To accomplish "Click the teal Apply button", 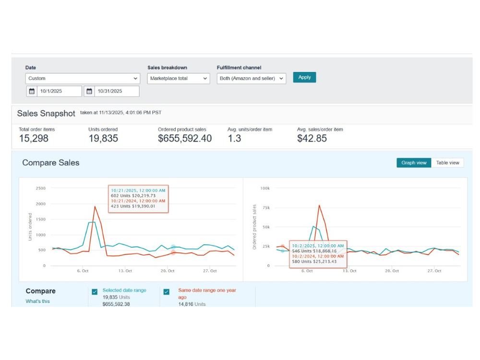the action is [x=304, y=77].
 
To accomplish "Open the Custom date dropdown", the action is [x=83, y=78].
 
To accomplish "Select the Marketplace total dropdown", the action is [x=179, y=78].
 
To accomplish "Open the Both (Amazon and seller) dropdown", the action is [x=252, y=78].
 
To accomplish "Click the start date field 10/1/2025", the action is [x=60, y=91].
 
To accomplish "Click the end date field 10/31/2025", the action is [x=117, y=91].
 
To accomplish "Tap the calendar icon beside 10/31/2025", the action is [x=89, y=91].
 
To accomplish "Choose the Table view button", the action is [x=447, y=163].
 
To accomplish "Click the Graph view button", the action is [x=414, y=163].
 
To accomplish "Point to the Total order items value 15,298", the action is [x=34, y=138].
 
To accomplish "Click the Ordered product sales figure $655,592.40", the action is [x=185, y=138].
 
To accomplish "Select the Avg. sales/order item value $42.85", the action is [x=312, y=138].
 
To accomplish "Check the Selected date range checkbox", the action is [x=95, y=292].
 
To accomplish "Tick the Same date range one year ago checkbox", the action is [x=167, y=292].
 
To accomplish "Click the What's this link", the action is [x=37, y=301].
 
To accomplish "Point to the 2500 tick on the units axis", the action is [x=40, y=188].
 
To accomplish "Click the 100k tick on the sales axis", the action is [x=265, y=188].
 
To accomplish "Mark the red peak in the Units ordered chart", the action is [x=95, y=206].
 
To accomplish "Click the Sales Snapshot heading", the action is [x=46, y=114].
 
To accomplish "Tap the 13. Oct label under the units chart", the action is [x=125, y=271].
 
